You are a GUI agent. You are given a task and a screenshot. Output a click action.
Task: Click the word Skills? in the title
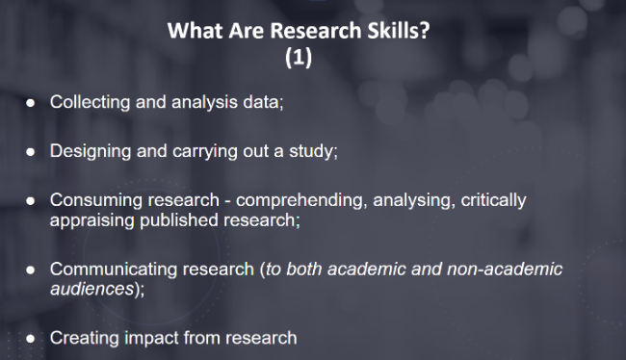399,31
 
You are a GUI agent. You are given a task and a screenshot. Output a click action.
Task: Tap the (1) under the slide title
299,57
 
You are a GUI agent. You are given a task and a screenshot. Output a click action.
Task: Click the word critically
493,201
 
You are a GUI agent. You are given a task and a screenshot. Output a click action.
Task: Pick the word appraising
92,220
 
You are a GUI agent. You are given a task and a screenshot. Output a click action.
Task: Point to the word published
179,220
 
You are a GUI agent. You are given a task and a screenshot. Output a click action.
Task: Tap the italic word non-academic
505,270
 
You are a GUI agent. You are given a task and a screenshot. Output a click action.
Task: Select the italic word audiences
91,289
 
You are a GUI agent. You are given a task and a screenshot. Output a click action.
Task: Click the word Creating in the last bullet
85,338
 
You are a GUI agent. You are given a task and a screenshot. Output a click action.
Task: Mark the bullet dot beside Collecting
31,103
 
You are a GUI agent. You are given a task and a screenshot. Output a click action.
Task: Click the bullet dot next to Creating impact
31,339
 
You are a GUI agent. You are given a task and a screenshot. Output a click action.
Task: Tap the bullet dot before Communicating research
31,270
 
